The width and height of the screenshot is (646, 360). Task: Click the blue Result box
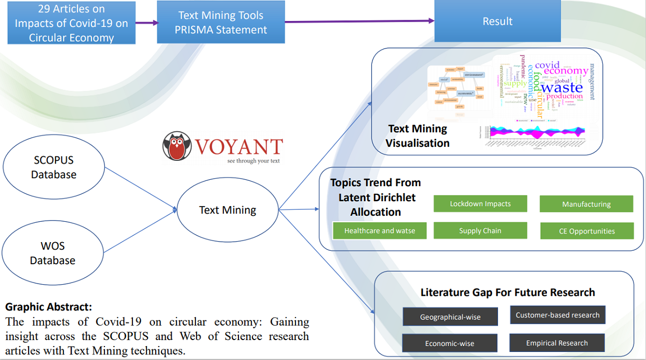[497, 22]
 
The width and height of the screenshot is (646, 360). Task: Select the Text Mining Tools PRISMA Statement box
[221, 22]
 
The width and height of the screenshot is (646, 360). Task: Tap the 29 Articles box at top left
[72, 24]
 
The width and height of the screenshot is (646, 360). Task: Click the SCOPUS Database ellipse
[53, 167]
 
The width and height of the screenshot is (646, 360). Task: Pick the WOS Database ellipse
[52, 253]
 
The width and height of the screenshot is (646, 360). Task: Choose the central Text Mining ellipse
[227, 210]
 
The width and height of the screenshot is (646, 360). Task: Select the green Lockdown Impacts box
[480, 204]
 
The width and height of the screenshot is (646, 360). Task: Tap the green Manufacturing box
[586, 204]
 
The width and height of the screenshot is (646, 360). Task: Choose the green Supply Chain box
[480, 231]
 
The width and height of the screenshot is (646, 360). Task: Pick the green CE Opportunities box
[587, 231]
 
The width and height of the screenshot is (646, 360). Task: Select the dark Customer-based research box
[557, 315]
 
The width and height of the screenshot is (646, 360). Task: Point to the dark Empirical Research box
[557, 343]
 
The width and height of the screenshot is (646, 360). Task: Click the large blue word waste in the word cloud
[561, 87]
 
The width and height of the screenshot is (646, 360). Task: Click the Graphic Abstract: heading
[48, 307]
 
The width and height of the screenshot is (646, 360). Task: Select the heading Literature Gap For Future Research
[508, 293]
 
